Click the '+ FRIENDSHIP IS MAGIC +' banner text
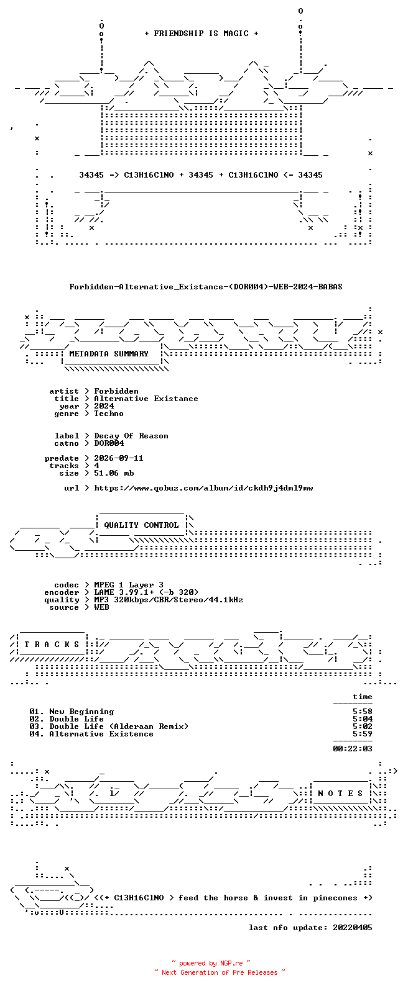[x=201, y=33]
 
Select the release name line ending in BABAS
[x=206, y=287]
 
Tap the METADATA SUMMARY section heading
[x=109, y=353]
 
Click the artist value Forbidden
[x=116, y=391]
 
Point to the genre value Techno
[x=109, y=413]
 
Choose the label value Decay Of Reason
[x=131, y=436]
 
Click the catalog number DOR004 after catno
[x=109, y=443]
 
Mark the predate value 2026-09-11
[x=119, y=458]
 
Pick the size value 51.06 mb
[x=114, y=473]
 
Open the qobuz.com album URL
[x=203, y=488]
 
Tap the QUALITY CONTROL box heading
[x=141, y=525]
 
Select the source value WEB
[x=101, y=607]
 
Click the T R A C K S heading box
[x=52, y=644]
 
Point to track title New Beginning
[x=81, y=712]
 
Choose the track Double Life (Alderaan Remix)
[x=119, y=726]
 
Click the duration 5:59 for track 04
[x=363, y=734]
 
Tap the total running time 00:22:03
[x=353, y=749]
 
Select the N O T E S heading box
[x=340, y=794]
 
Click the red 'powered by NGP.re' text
[x=211, y=963]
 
